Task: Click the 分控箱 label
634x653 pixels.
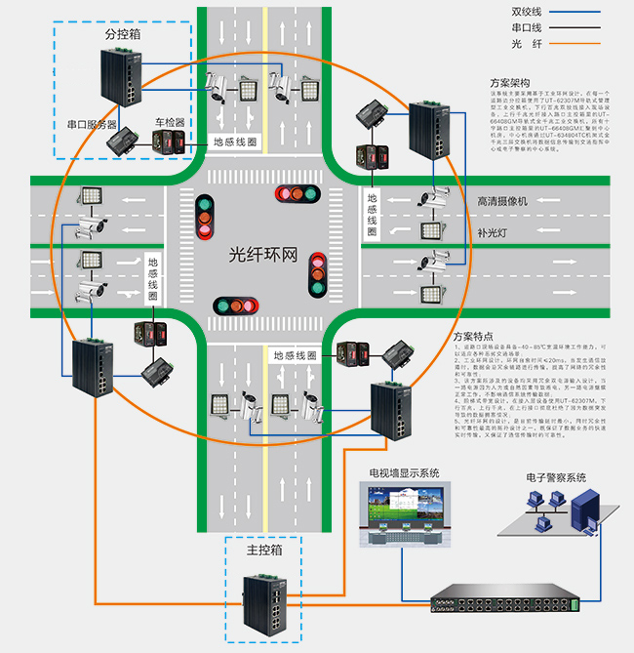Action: click(x=122, y=33)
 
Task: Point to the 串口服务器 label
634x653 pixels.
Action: click(x=92, y=125)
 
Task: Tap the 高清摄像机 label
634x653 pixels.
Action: click(x=501, y=201)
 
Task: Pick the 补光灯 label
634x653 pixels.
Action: click(x=494, y=233)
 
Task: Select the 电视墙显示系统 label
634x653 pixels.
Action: click(x=403, y=473)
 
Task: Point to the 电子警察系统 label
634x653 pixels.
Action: click(x=549, y=477)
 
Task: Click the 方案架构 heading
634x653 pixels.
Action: click(x=509, y=83)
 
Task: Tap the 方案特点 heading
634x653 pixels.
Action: click(x=475, y=337)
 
